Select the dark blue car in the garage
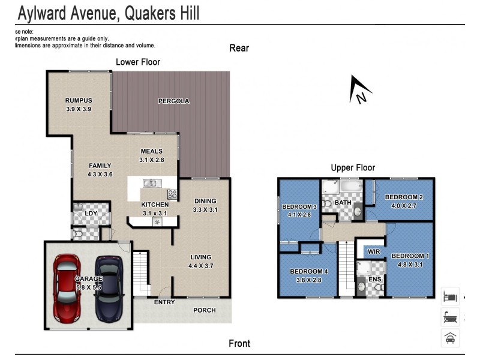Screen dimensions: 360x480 coord(109,287)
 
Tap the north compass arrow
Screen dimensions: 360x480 coord(360,90)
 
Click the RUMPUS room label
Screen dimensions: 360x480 coord(79,100)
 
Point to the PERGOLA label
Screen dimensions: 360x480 coord(175,101)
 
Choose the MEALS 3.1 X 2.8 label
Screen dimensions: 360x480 coord(152,155)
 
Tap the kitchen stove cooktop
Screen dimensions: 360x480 coord(172,194)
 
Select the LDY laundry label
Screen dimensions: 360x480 coord(91,213)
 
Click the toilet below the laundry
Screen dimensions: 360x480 coord(77,233)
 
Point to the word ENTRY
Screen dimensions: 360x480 coord(164,302)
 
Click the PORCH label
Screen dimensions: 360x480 coord(204,310)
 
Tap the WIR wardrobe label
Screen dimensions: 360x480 coord(374,251)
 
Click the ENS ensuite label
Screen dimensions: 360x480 coord(374,279)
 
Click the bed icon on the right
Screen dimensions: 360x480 coord(450,296)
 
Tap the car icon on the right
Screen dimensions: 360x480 coord(450,338)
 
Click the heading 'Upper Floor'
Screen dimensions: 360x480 coord(353,168)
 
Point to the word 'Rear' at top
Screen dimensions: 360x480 coord(239,48)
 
